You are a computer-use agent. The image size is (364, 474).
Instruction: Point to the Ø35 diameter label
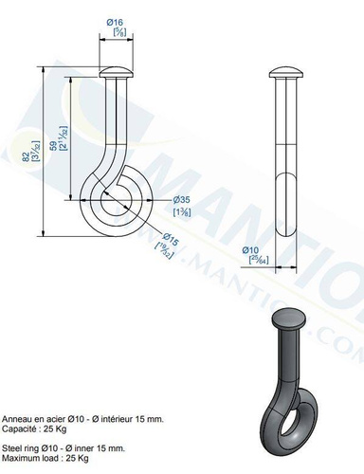183,200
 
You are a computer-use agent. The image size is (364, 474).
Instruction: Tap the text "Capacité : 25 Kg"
34,428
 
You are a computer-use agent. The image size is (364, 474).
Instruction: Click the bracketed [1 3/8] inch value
183,213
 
